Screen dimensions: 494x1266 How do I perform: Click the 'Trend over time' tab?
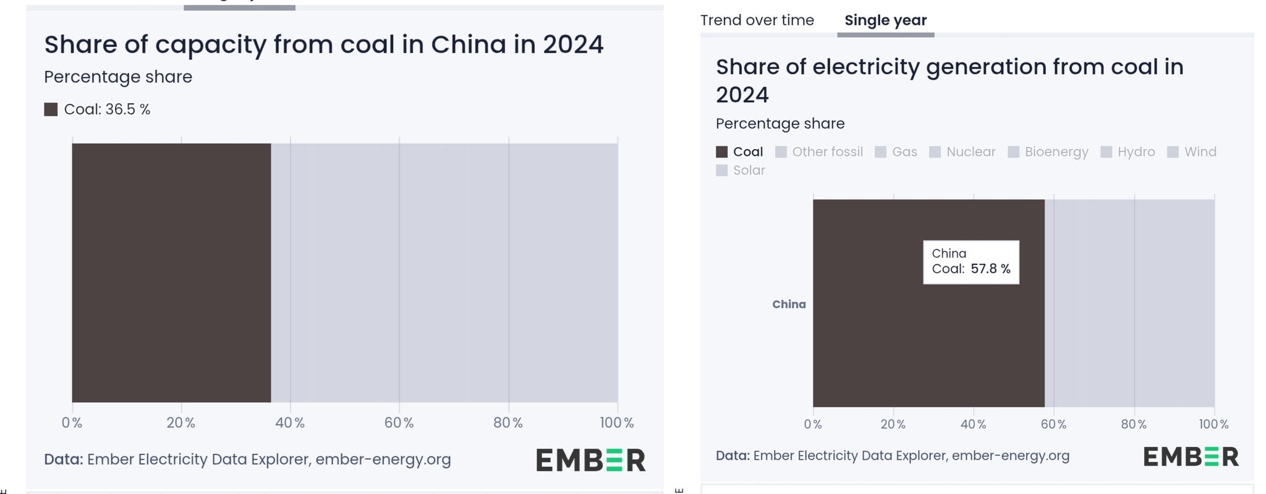point(757,20)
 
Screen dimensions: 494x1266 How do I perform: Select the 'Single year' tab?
point(885,20)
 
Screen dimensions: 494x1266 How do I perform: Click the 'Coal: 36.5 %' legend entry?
point(98,109)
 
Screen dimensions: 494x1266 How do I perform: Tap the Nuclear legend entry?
point(962,152)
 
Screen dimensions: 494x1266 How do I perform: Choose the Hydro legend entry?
point(1128,152)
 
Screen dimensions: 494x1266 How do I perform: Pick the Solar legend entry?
point(741,170)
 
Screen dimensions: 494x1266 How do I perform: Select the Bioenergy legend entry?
point(1048,152)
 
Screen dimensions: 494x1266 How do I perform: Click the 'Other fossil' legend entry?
point(819,152)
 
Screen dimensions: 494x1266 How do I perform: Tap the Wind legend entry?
point(1192,152)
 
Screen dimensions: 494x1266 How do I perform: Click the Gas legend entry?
point(896,152)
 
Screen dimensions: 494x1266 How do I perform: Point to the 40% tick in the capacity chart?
point(290,423)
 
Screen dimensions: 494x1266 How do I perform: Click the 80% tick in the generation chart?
point(1134,424)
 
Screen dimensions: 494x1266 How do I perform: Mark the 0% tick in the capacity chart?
point(72,423)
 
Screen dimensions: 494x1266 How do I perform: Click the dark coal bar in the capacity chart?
point(171,272)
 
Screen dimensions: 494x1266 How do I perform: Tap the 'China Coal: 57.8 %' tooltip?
point(971,262)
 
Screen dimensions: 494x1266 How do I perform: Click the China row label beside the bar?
point(789,304)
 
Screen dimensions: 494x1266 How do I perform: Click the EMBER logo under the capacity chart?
point(590,460)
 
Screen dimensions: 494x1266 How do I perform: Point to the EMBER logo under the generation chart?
point(1191,456)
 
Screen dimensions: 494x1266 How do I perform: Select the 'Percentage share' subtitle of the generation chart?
point(780,124)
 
